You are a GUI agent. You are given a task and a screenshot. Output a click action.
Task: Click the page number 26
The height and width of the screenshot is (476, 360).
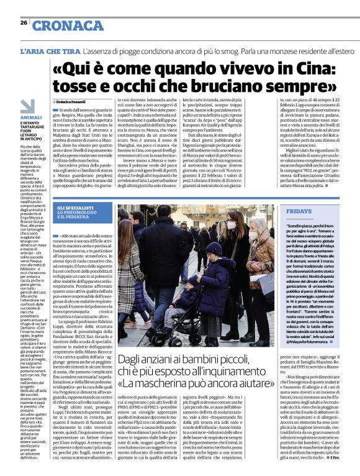24,22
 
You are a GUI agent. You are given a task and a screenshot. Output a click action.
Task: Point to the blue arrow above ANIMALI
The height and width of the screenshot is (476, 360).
27,106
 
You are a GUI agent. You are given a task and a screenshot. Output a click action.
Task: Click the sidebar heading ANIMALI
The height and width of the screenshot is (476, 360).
31,117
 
